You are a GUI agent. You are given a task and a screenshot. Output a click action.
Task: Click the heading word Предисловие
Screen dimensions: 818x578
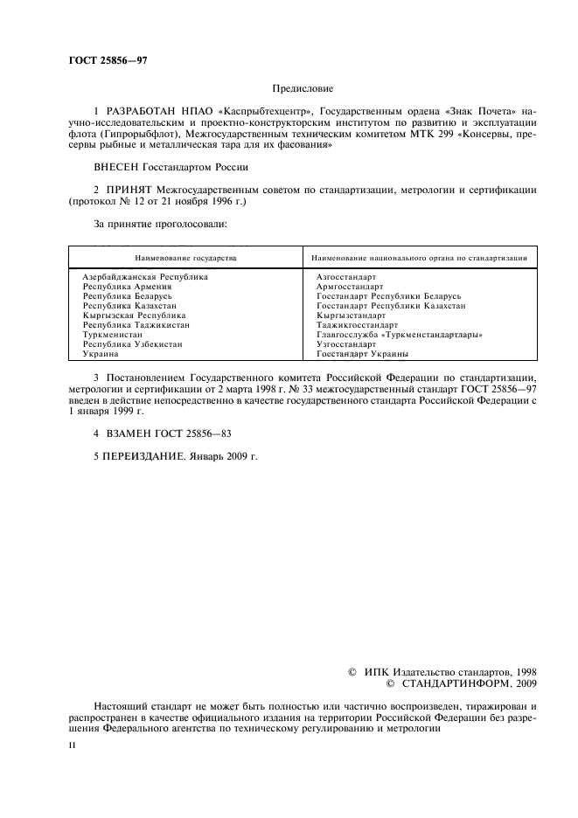click(x=303, y=89)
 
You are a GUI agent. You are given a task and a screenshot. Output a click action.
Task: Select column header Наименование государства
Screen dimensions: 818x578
click(x=185, y=259)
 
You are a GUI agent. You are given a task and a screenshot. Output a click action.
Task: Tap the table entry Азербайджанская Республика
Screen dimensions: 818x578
click(x=145, y=276)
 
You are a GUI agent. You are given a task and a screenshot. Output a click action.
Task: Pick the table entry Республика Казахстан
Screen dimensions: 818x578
click(x=128, y=306)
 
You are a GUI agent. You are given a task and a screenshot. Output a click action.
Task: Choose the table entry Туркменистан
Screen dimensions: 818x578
click(x=113, y=336)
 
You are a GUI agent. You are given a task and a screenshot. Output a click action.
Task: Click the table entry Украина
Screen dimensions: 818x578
click(x=101, y=355)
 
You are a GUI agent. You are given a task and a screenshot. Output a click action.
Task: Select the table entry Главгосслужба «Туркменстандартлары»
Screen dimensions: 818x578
click(x=400, y=336)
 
